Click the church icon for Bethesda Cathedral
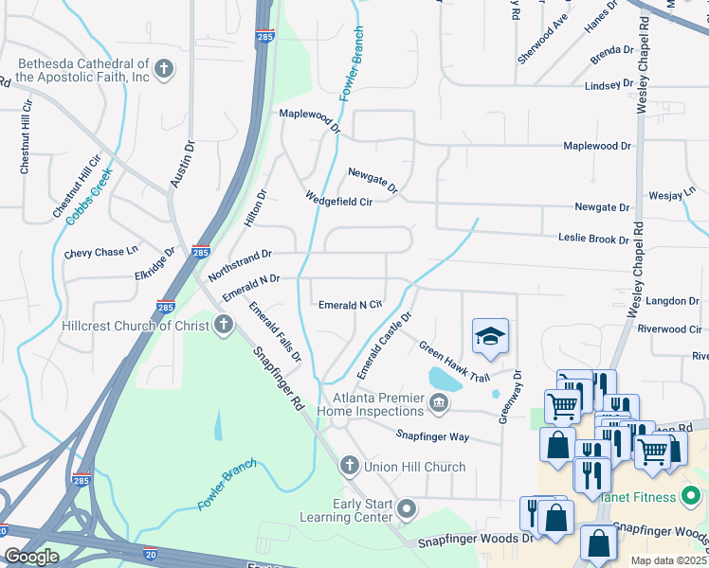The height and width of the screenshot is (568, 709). pos(164,68)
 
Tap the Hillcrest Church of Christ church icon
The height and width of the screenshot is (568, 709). pos(223,326)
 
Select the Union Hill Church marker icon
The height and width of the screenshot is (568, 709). pos(349,466)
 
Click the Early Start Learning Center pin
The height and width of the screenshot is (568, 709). pos(407,510)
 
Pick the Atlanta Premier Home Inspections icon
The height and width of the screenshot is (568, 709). pos(438,404)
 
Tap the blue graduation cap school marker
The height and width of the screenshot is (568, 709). pos(490,337)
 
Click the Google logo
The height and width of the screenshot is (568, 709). pos(30,557)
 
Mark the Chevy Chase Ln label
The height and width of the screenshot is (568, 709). pos(100,254)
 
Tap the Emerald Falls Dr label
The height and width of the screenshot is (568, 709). pos(275,332)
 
